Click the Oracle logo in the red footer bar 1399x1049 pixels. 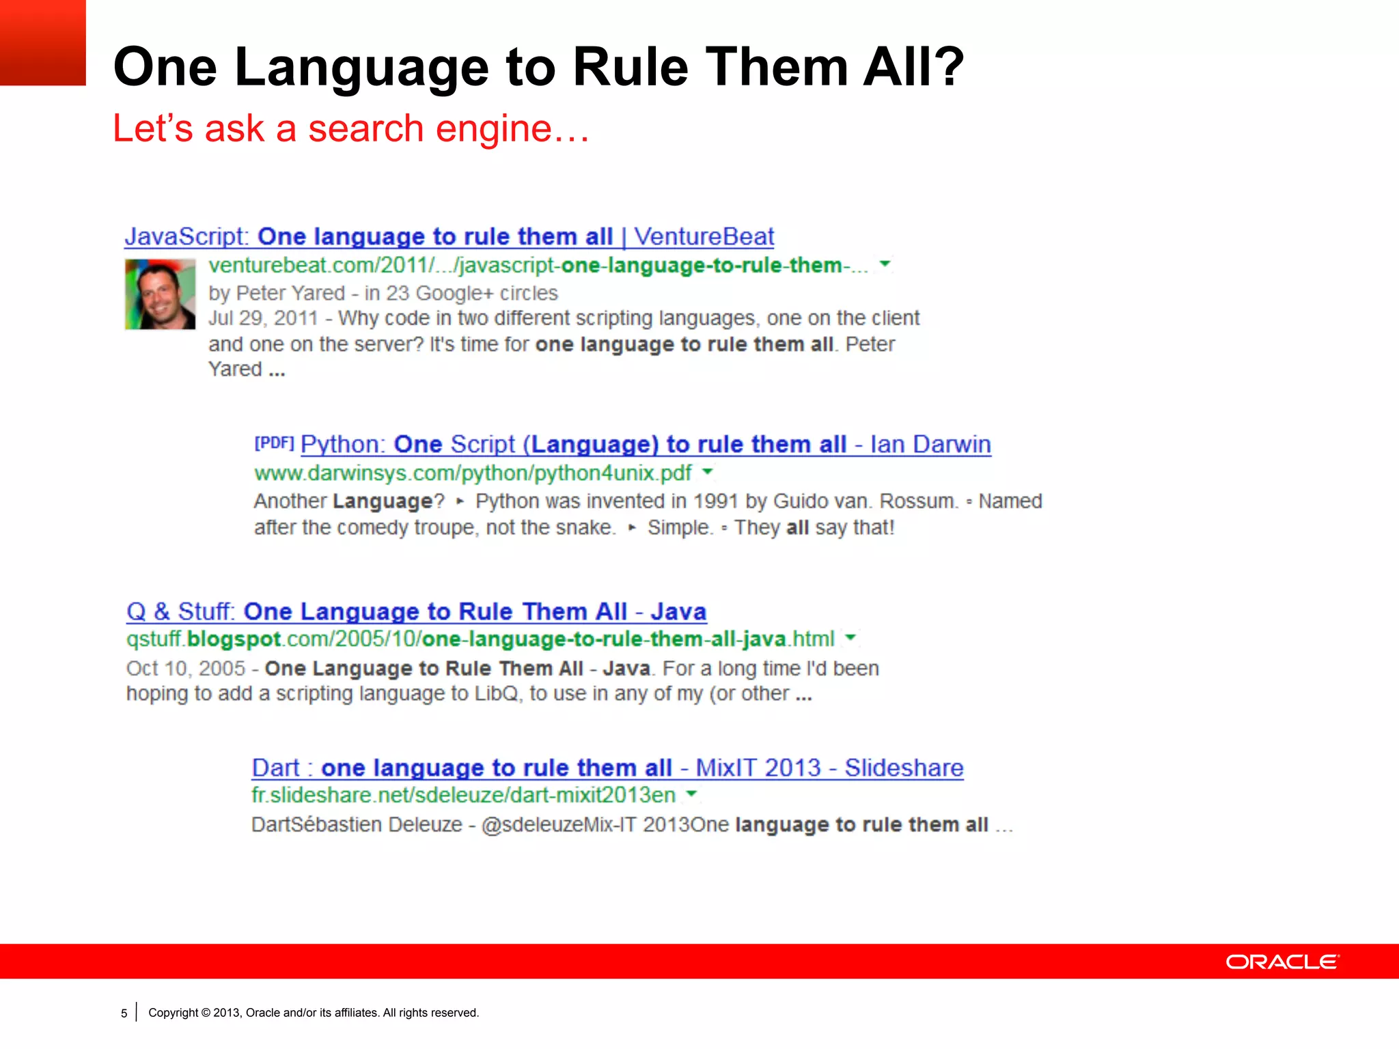pyautogui.click(x=1282, y=962)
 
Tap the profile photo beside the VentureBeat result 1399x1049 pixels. pyautogui.click(x=160, y=294)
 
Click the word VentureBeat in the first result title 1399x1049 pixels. pyautogui.click(x=704, y=236)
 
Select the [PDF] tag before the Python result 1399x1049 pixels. pyautogui.click(x=274, y=443)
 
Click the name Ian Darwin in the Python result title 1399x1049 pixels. pyautogui.click(x=930, y=444)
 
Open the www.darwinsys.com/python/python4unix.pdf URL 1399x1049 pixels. pyautogui.click(x=473, y=473)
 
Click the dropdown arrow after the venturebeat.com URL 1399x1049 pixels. pyautogui.click(x=885, y=264)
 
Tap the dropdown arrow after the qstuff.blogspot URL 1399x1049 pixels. pyautogui.click(x=850, y=638)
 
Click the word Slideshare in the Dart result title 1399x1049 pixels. pyautogui.click(x=904, y=768)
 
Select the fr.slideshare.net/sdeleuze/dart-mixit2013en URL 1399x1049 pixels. pyautogui.click(x=463, y=795)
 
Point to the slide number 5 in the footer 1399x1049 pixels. pyautogui.click(x=124, y=1013)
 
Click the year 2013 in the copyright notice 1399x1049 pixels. pyautogui.click(x=225, y=1013)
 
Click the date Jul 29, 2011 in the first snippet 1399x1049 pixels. pyautogui.click(x=263, y=318)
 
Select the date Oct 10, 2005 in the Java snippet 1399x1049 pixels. pyautogui.click(x=185, y=668)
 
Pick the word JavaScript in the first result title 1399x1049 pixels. pyautogui.click(x=186, y=236)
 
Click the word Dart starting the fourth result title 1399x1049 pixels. pyautogui.click(x=275, y=768)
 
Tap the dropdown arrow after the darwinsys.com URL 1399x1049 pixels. pyautogui.click(x=708, y=471)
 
